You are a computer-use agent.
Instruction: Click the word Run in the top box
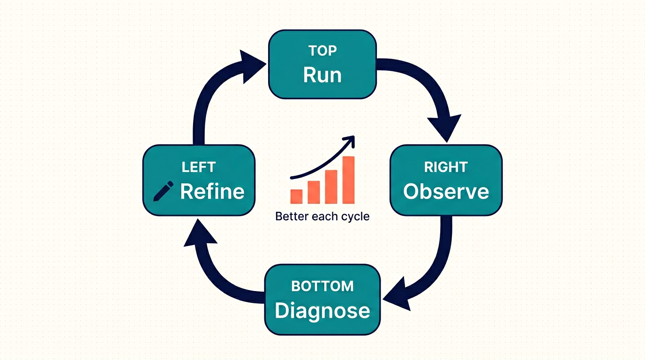pos(322,75)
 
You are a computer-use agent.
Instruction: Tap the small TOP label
pos(322,51)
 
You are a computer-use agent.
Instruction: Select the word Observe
pos(446,191)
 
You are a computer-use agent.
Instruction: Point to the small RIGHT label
pos(446,167)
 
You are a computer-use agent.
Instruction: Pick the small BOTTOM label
pos(322,286)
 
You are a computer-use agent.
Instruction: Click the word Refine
pos(212,191)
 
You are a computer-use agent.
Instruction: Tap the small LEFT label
pos(199,167)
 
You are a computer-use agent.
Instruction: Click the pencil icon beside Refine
pos(163,191)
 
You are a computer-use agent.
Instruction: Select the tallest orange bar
pos(348,180)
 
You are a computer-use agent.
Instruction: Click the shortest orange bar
pos(296,196)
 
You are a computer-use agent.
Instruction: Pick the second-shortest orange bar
pos(314,192)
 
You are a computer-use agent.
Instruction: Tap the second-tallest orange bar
pos(331,187)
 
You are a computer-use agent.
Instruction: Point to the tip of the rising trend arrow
pos(354,136)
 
